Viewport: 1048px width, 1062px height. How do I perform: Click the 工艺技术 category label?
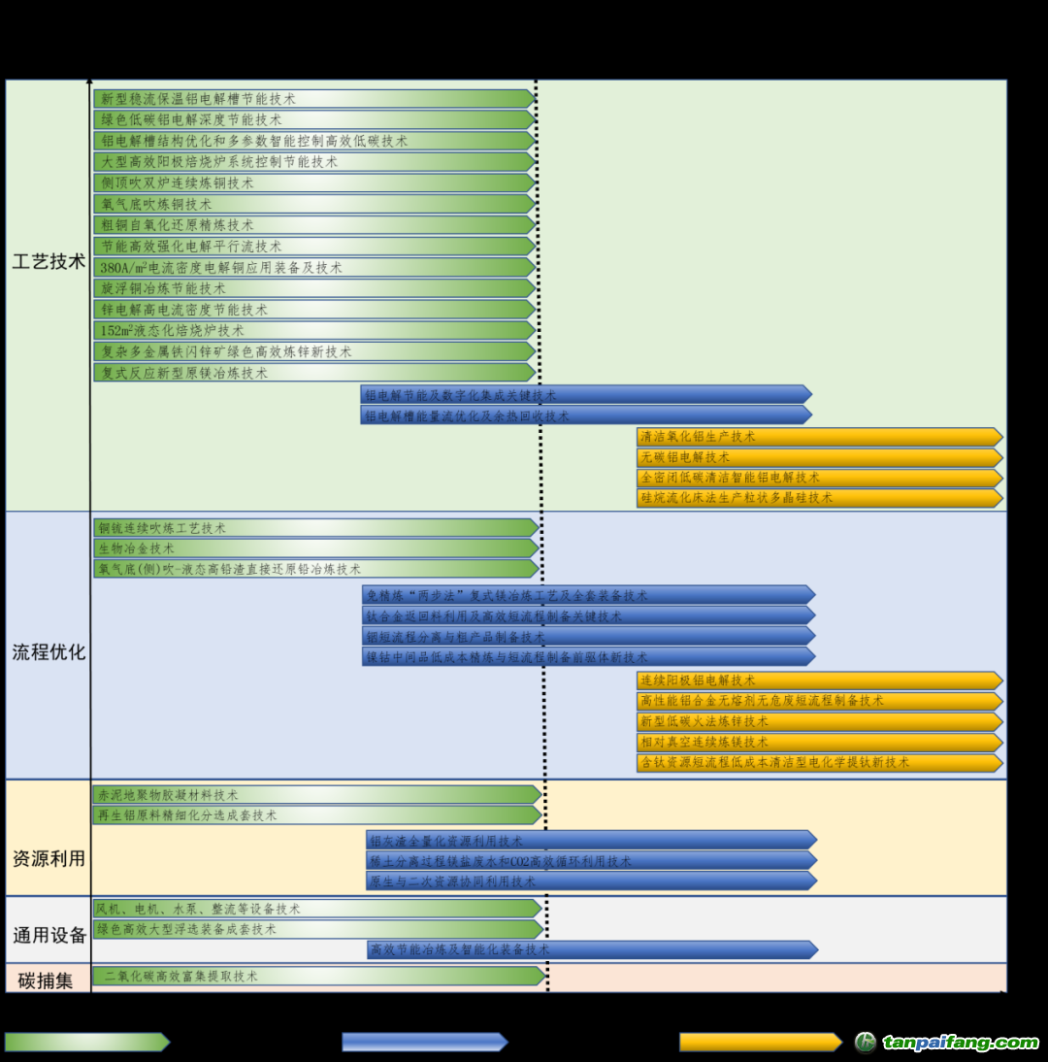pos(49,262)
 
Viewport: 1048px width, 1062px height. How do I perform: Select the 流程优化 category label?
pos(49,652)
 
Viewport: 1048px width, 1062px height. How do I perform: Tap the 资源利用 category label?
pos(49,859)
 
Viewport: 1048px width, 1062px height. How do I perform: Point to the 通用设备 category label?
pos(49,936)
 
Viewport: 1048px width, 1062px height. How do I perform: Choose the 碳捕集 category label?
pos(46,980)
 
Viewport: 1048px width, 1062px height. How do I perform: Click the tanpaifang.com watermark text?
pos(960,1043)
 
